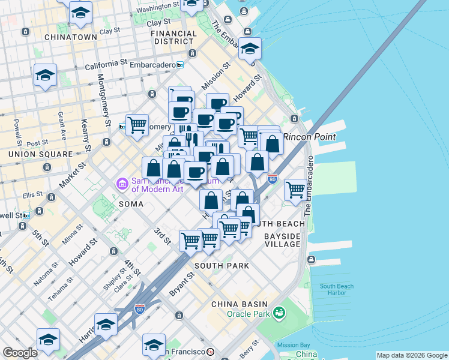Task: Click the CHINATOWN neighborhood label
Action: (70, 37)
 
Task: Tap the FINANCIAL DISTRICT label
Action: (173, 38)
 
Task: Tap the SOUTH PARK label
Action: (221, 265)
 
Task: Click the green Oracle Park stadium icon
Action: (279, 313)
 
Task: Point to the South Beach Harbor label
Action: (337, 289)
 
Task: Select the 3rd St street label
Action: (163, 235)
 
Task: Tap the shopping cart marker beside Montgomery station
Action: (137, 125)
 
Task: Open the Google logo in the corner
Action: (20, 353)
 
